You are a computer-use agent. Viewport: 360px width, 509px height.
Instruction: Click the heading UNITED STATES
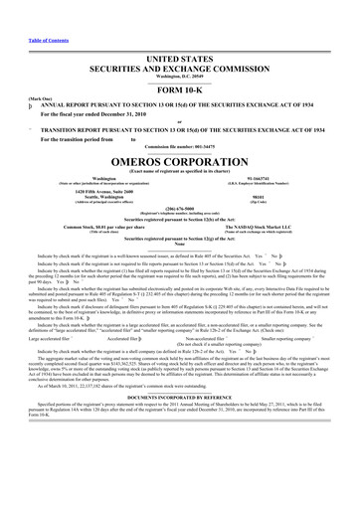180,33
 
